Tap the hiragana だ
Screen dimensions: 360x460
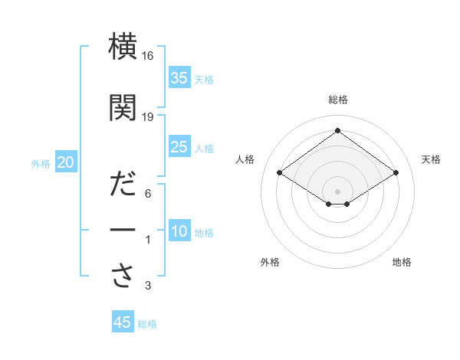click(123, 186)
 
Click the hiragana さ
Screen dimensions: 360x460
click(123, 277)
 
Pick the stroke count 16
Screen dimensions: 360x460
click(148, 56)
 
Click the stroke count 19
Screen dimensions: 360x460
click(148, 116)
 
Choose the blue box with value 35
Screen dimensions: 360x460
click(179, 77)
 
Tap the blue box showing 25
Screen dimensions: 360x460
click(179, 147)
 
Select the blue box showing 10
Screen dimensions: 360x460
click(179, 231)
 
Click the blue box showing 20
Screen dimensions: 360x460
click(66, 162)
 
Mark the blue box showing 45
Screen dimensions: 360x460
click(123, 322)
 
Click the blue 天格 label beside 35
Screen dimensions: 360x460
click(204, 79)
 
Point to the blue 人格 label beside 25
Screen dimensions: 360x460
click(204, 149)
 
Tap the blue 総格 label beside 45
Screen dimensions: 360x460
click(147, 324)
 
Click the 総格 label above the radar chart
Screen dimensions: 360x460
click(337, 100)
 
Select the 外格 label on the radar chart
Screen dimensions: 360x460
click(270, 262)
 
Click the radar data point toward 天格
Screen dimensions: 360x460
click(396, 173)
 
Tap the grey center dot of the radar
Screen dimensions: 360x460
click(337, 190)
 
